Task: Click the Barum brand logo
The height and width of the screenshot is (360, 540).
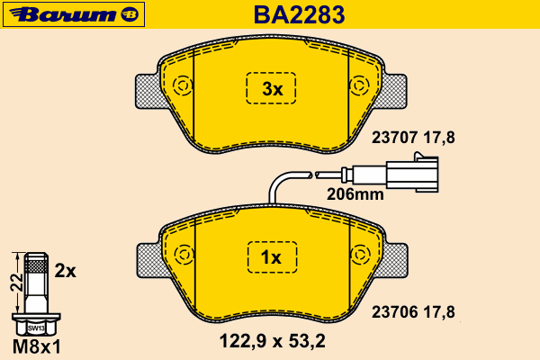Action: pyautogui.click(x=74, y=14)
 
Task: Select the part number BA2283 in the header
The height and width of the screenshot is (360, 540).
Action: pyautogui.click(x=299, y=14)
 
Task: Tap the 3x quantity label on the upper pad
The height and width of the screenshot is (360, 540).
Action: pyautogui.click(x=272, y=89)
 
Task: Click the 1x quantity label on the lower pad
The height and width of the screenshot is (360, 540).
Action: pyautogui.click(x=271, y=257)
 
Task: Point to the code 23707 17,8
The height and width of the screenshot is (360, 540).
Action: pyautogui.click(x=413, y=138)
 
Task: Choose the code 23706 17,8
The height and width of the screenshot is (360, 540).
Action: pyautogui.click(x=413, y=312)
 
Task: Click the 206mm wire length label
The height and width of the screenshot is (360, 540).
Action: pyautogui.click(x=355, y=194)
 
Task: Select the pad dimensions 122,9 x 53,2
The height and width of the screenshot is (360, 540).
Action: pyautogui.click(x=272, y=341)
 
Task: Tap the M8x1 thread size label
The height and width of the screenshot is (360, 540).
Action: pyautogui.click(x=37, y=346)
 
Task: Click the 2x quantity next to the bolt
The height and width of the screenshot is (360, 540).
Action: pyautogui.click(x=65, y=271)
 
